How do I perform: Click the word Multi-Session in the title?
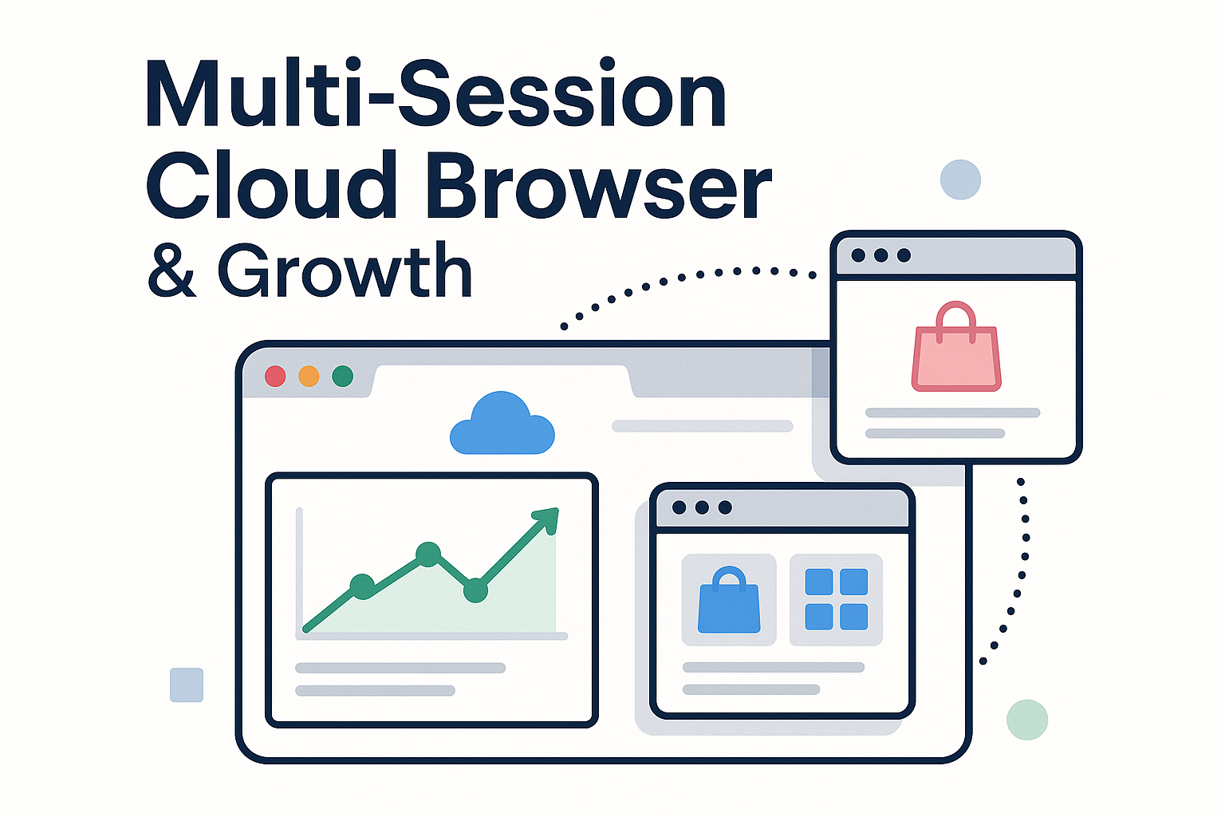click(x=435, y=96)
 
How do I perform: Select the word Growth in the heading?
click(x=345, y=271)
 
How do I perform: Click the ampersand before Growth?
click(x=171, y=271)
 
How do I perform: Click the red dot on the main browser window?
click(x=275, y=376)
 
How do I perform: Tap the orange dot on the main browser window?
click(x=309, y=376)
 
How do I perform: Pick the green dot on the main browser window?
click(x=342, y=376)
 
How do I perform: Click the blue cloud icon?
click(x=502, y=425)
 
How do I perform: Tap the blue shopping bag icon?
click(x=729, y=601)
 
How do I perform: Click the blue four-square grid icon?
click(x=836, y=599)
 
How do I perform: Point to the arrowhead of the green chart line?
click(x=548, y=518)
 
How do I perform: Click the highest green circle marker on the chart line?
click(x=428, y=554)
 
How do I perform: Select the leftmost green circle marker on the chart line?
click(x=362, y=586)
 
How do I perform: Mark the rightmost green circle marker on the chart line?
click(x=475, y=590)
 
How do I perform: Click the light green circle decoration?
click(x=1026, y=720)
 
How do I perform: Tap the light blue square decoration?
click(x=187, y=685)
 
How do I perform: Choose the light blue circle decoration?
click(x=960, y=180)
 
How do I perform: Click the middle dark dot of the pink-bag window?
click(x=880, y=255)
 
